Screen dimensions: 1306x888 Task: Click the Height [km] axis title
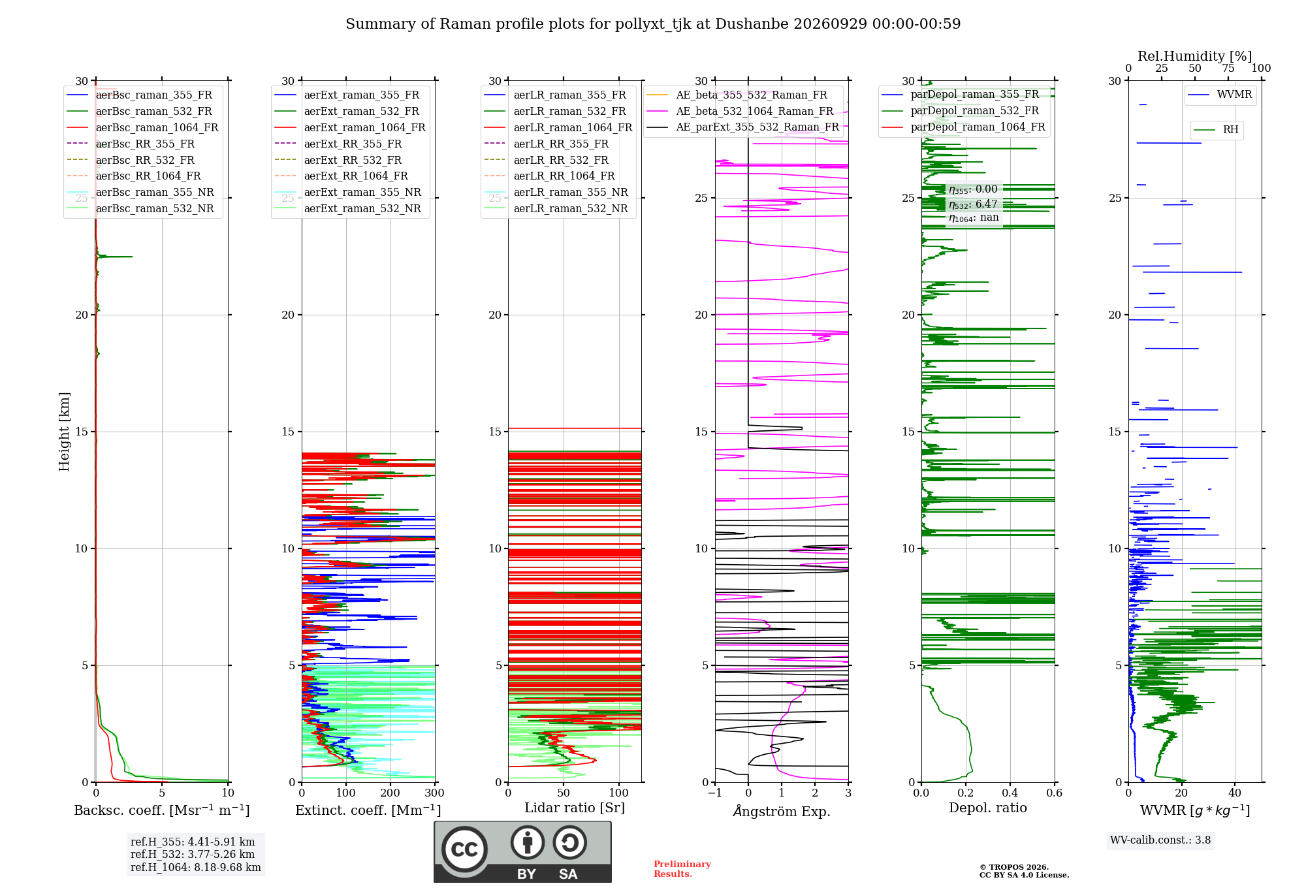pos(64,432)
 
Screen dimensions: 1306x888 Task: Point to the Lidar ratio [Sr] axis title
pos(575,808)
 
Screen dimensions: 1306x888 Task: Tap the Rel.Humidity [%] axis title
pos(1194,56)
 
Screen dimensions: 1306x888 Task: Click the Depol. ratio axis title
pos(987,808)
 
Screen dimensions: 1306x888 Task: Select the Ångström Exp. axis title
pos(782,811)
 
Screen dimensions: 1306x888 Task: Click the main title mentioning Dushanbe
pos(653,24)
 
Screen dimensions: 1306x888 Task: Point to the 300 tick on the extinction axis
pos(434,793)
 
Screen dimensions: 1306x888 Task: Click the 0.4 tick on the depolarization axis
pos(1010,793)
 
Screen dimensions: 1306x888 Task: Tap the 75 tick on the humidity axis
pos(1228,68)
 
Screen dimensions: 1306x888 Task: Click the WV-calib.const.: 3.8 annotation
pos(1160,840)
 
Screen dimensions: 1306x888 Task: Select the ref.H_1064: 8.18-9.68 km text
pos(195,868)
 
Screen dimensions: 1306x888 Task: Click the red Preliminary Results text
pos(682,869)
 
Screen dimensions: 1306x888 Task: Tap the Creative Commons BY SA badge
pos(523,852)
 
